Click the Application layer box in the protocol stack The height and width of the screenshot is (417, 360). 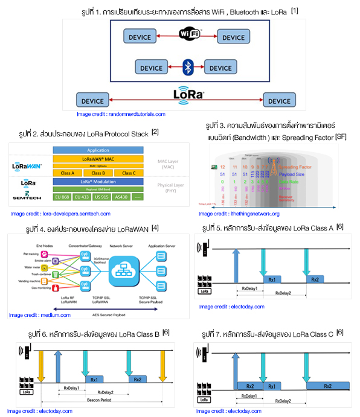pyautogui.click(x=98, y=150)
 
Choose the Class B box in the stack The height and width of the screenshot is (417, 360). pyautogui.click(x=98, y=173)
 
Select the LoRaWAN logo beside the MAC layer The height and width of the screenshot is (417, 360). pyautogui.click(x=26, y=165)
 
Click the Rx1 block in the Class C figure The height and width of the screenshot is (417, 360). pyautogui.click(x=272, y=385)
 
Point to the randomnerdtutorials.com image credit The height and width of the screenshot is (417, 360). pyautogui.click(x=121, y=113)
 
